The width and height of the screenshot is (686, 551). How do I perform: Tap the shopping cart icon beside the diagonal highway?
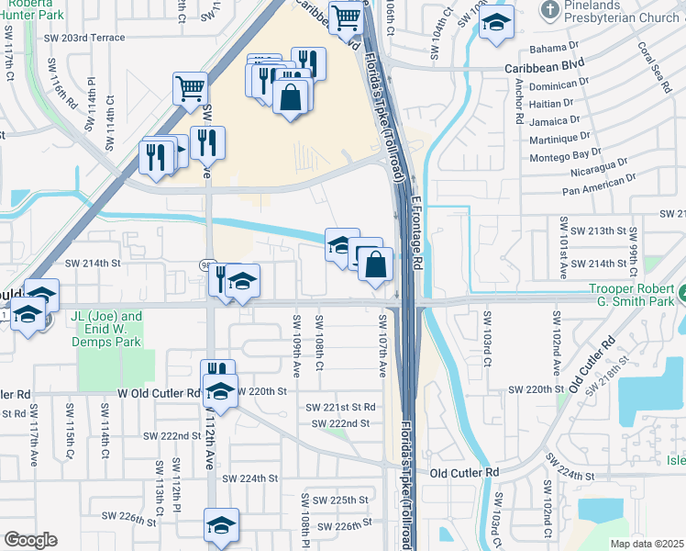click(x=189, y=89)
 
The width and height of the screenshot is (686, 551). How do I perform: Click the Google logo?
click(x=30, y=539)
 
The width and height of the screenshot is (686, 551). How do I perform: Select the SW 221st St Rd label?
click(x=340, y=407)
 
